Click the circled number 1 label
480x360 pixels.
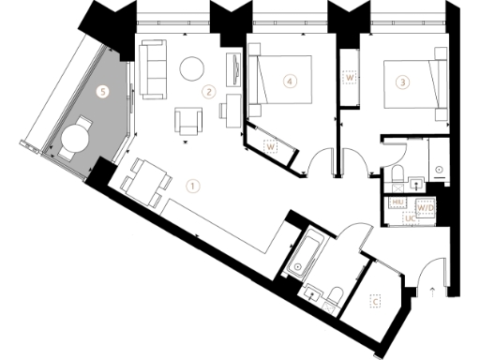[192, 186]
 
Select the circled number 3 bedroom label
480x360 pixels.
[403, 82]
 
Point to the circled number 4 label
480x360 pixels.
[292, 82]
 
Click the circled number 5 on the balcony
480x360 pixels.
[104, 91]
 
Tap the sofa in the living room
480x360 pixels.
[152, 67]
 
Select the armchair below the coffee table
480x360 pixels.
[188, 120]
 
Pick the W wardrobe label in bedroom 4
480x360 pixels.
[271, 147]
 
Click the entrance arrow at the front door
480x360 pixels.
[432, 291]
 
